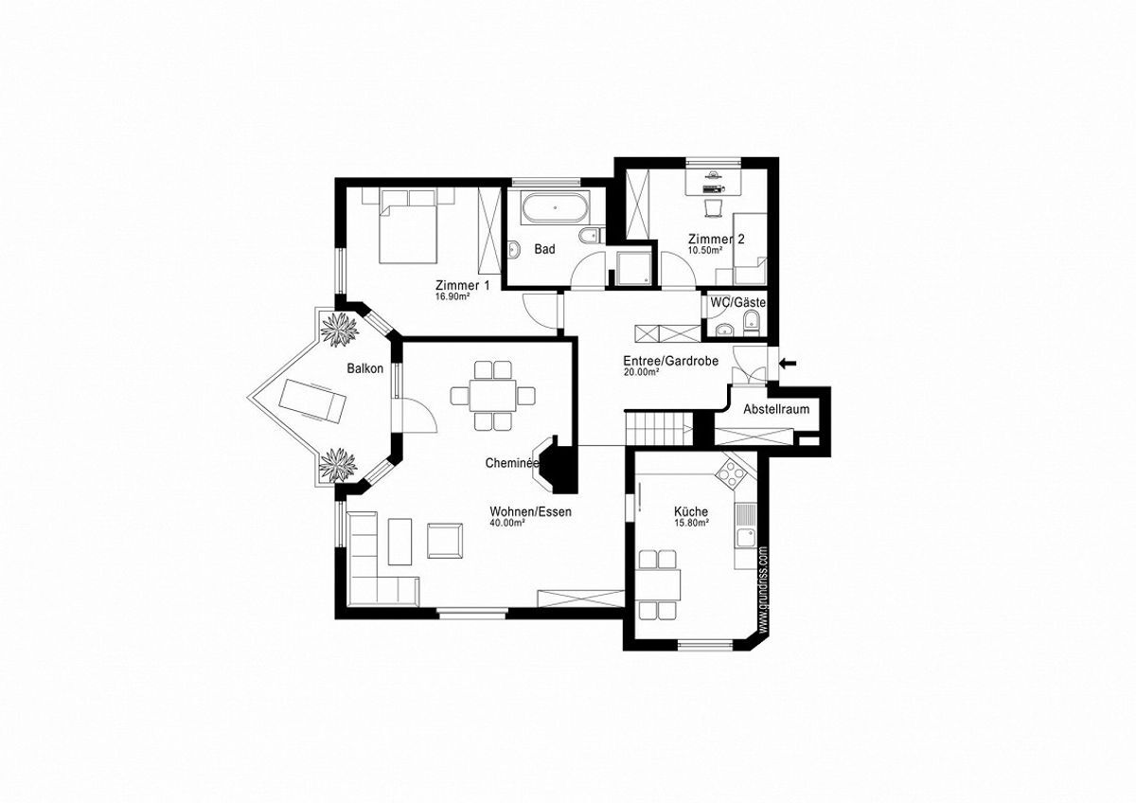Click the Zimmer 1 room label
pos(463,286)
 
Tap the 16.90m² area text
pos(451,297)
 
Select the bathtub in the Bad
pos(556,207)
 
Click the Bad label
pos(544,249)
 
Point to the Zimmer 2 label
pos(716,239)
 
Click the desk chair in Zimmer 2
pos(713,208)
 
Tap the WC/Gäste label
pos(738,303)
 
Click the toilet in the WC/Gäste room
pos(751,324)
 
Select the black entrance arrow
pos(788,363)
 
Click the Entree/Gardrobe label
pos(670,361)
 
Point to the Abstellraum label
pos(776,409)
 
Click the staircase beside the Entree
pos(659,429)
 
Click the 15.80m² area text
pos(691,523)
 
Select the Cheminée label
pos(511,463)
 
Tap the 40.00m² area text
pos(507,523)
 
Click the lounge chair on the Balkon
pos(313,401)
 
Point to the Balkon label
pos(365,368)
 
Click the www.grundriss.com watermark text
pos(764,589)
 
